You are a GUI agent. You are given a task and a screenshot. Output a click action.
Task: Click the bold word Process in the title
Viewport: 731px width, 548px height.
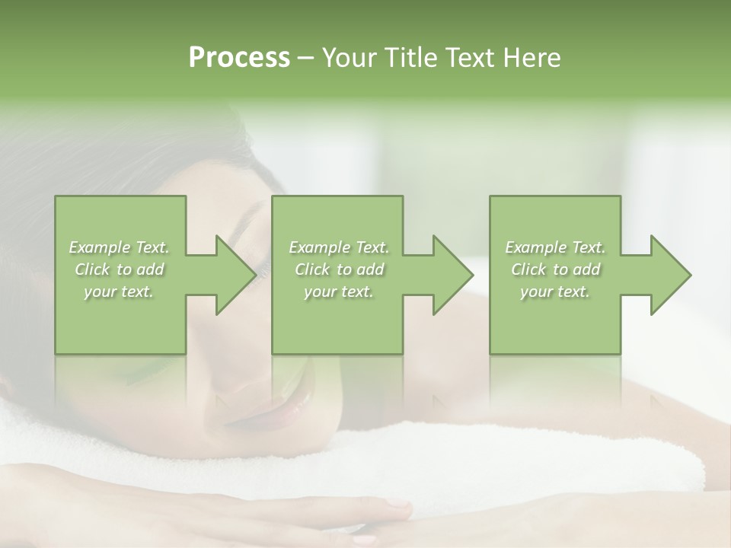(x=239, y=57)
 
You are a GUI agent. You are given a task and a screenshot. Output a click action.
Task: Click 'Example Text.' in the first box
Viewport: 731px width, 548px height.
(x=120, y=247)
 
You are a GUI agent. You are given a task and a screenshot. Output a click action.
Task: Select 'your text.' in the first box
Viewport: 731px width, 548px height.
(x=120, y=292)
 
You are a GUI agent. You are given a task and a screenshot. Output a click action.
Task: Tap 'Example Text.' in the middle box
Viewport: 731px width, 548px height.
(x=339, y=247)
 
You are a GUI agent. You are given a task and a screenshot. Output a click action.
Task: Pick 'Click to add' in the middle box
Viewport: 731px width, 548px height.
(x=339, y=269)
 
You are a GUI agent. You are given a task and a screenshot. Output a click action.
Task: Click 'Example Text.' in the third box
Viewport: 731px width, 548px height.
(x=555, y=247)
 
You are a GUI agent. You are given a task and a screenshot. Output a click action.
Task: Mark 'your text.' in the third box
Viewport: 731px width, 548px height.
(x=555, y=292)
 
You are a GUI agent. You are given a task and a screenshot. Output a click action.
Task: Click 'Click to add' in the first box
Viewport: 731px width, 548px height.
(x=120, y=269)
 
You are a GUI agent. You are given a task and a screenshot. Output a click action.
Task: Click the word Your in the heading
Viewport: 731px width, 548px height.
(x=350, y=57)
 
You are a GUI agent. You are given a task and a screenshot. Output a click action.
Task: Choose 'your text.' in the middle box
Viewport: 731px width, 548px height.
(x=339, y=292)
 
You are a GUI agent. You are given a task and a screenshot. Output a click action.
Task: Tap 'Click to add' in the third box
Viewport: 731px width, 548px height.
(x=555, y=269)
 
